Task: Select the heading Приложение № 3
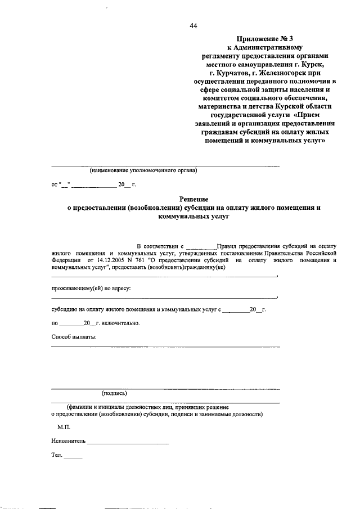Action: (264, 38)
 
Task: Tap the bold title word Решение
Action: (193, 199)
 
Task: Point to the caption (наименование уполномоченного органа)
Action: (143, 169)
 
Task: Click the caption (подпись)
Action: (114, 394)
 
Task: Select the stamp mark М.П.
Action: (64, 427)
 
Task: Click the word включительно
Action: (120, 323)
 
